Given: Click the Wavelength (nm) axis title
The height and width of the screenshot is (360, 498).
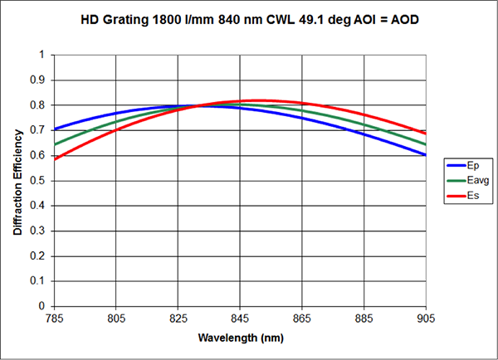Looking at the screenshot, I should click(240, 338).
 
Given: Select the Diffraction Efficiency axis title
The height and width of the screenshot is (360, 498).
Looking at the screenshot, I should click(17, 180).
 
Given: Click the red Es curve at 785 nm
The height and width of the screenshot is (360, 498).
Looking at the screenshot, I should click(56, 158).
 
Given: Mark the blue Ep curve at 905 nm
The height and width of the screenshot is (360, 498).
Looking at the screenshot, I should click(425, 154).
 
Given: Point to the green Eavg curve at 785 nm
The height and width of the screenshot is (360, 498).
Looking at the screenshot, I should click(56, 144).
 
